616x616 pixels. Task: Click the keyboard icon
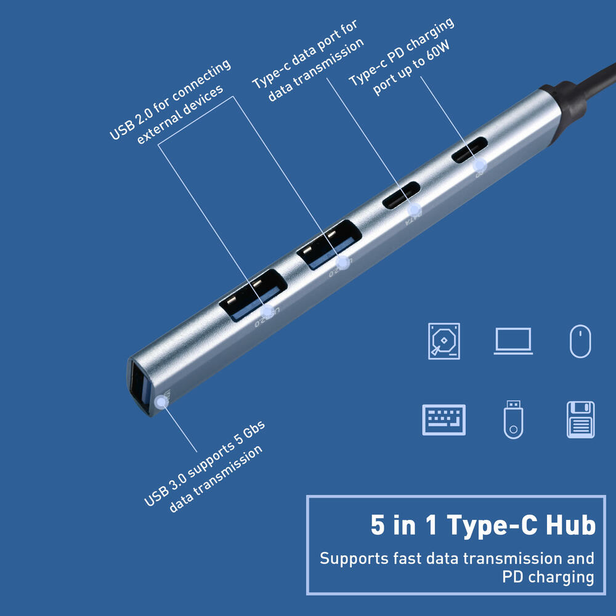(444, 419)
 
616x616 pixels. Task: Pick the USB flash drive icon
(513, 419)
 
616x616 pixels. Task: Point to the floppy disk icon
(580, 419)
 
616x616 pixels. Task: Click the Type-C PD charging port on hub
(469, 150)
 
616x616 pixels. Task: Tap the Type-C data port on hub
(402, 195)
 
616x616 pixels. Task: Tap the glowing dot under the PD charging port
(480, 164)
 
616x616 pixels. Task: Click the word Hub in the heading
(565, 525)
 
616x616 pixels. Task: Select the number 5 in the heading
(378, 525)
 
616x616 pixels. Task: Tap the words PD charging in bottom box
(548, 577)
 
